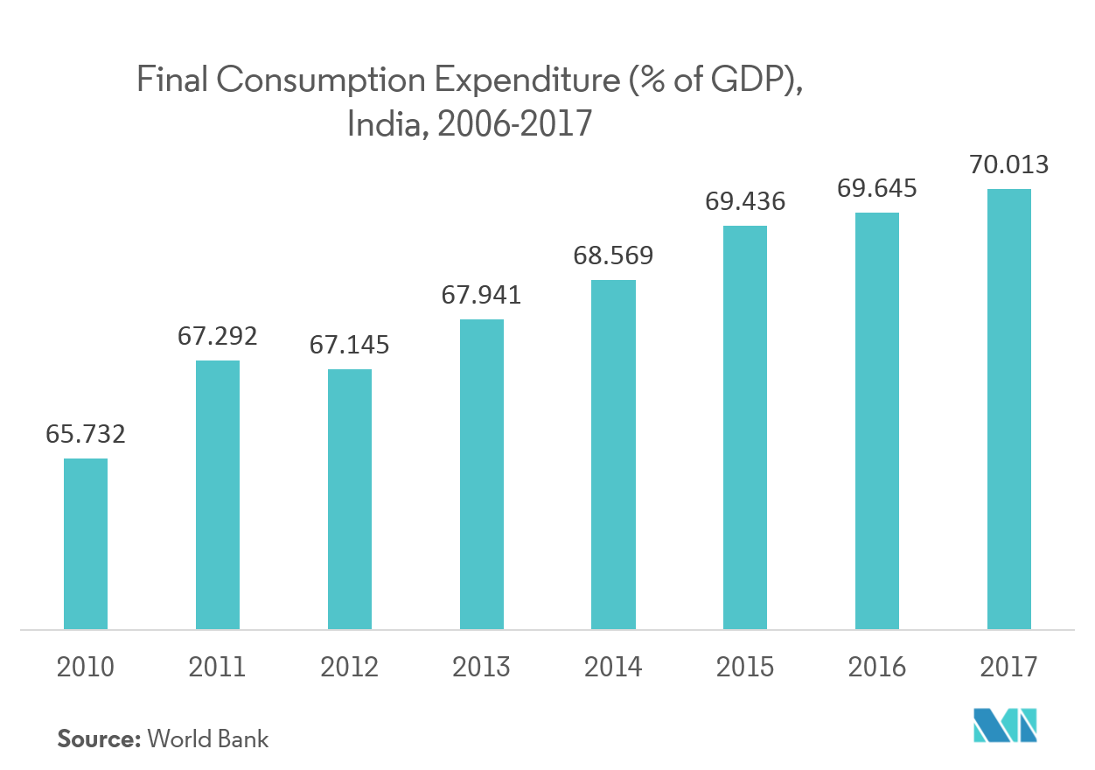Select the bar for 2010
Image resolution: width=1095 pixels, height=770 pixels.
point(86,543)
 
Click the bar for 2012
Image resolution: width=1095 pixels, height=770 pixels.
point(350,499)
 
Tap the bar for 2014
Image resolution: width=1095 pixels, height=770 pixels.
point(613,454)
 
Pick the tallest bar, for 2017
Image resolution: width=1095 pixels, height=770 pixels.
point(1008,409)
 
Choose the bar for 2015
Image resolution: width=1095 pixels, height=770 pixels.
point(745,427)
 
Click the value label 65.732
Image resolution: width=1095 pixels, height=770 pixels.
point(86,434)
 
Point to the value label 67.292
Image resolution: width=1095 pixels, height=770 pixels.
point(218,336)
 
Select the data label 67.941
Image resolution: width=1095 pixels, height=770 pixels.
point(481,295)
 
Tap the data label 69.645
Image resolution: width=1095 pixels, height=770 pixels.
point(876,188)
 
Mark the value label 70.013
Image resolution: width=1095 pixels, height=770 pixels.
point(1008,164)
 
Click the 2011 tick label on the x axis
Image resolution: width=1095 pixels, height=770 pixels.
point(218,668)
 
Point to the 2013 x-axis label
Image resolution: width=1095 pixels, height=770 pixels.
point(481,668)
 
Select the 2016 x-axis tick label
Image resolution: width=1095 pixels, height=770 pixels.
point(876,668)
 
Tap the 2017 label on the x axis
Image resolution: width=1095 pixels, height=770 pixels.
point(1008,668)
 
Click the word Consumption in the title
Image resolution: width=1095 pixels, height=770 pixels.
point(321,82)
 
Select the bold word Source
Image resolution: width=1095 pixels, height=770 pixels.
point(98,738)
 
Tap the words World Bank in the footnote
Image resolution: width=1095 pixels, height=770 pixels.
point(208,738)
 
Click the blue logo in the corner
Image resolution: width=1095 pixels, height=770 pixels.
point(1006,724)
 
